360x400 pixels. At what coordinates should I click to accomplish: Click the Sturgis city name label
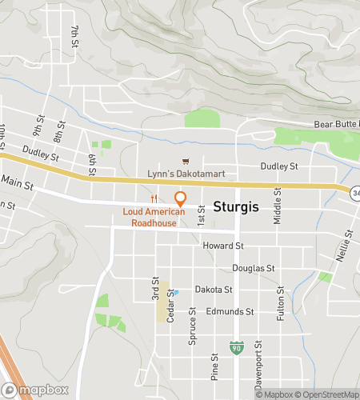tap(236, 206)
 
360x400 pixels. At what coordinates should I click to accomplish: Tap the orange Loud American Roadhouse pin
tap(180, 198)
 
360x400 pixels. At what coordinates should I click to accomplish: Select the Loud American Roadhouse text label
tap(154, 218)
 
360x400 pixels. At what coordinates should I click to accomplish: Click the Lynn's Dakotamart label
tap(181, 174)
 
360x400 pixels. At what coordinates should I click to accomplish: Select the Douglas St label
tap(253, 269)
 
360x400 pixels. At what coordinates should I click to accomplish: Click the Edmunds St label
tap(230, 311)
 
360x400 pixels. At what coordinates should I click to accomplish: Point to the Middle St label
tap(278, 206)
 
